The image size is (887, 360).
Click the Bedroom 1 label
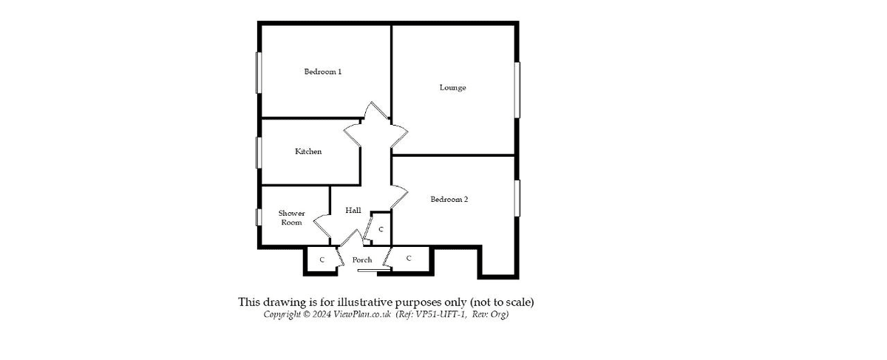[x=322, y=72]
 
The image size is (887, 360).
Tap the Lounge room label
[x=452, y=87]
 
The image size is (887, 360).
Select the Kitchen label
[x=308, y=152]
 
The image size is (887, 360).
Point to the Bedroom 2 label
[x=449, y=199]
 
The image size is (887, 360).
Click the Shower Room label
[x=291, y=217]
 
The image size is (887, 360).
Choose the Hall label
[x=353, y=211]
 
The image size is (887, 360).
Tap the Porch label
[x=362, y=259]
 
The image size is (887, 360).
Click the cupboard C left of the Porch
[x=322, y=259]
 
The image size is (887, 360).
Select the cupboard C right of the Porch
[x=408, y=257]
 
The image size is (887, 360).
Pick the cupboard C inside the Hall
[x=381, y=230]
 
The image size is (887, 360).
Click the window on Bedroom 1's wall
[x=258, y=72]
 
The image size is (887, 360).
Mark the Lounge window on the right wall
[x=517, y=89]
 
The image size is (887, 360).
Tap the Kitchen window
[x=258, y=152]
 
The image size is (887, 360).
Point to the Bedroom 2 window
[x=517, y=200]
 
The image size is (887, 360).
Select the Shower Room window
[x=258, y=217]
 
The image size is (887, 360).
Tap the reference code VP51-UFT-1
[x=441, y=315]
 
